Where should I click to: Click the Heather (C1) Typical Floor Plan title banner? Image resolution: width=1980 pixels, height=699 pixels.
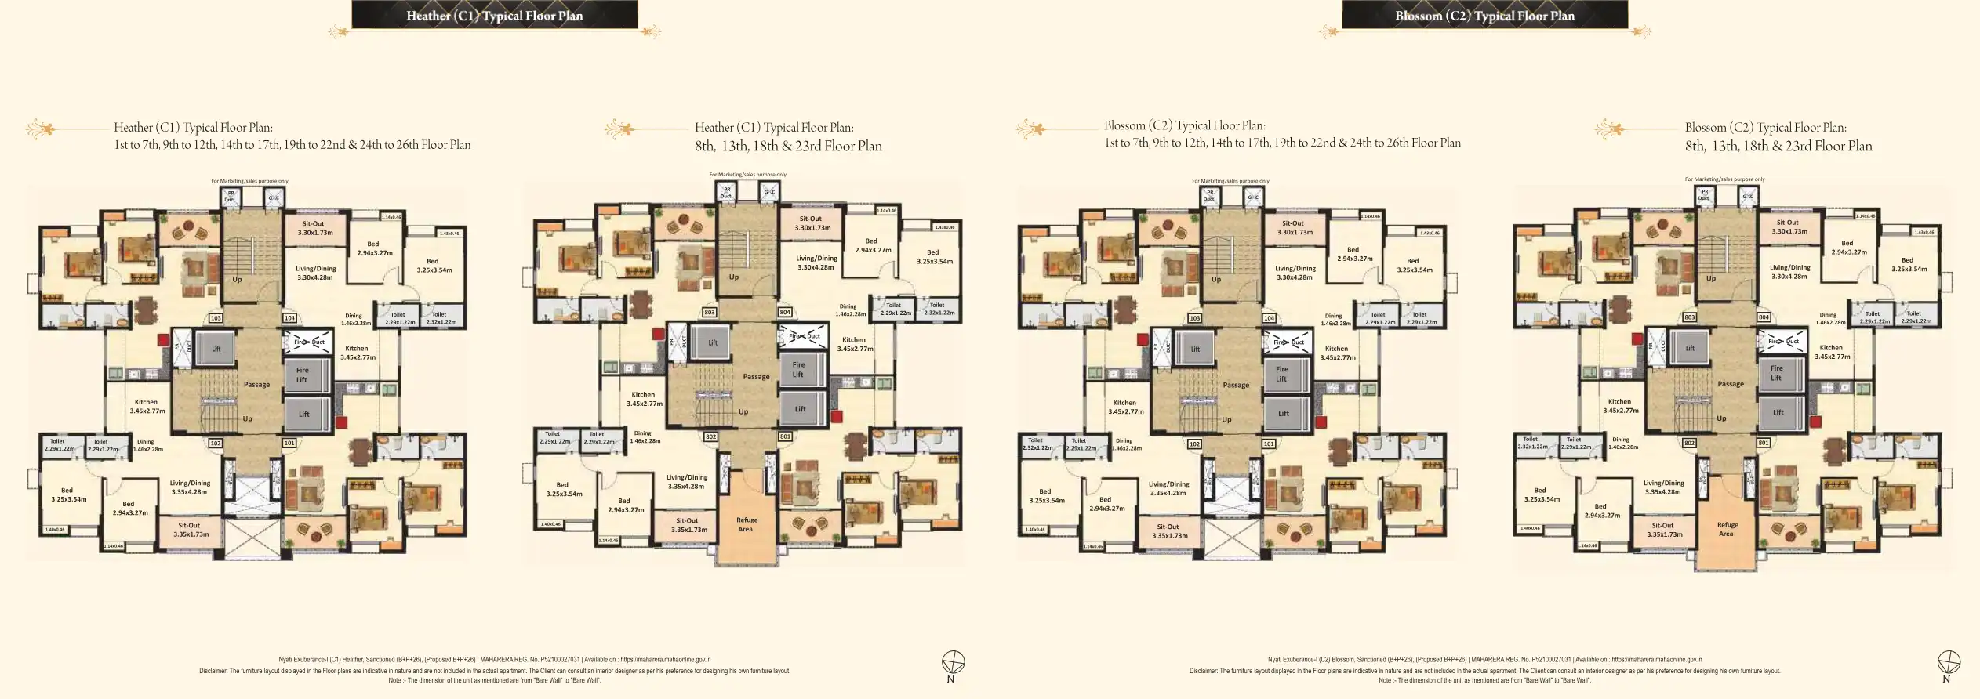[494, 15]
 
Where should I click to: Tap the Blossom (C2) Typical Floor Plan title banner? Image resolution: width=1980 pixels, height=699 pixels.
[1484, 15]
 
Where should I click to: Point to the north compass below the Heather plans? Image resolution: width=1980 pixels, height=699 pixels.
[953, 663]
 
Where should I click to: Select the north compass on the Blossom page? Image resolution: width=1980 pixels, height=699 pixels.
[1949, 663]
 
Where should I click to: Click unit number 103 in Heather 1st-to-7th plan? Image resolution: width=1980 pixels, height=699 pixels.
[216, 318]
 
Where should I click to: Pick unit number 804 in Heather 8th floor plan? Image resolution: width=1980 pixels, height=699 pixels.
[785, 312]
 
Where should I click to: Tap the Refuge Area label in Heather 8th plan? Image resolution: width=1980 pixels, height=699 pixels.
[747, 524]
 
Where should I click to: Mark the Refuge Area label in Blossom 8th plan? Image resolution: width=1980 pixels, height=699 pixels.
[1728, 529]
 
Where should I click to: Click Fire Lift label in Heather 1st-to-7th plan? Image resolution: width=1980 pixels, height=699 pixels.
[302, 375]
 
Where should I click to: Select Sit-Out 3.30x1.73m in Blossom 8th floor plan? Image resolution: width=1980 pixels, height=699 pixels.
[1789, 226]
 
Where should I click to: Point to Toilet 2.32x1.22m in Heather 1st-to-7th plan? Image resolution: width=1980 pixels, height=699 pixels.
[441, 318]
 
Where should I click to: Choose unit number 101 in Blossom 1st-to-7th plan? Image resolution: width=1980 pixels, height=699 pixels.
[1269, 444]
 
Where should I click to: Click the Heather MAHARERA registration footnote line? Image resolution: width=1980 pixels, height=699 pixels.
[494, 660]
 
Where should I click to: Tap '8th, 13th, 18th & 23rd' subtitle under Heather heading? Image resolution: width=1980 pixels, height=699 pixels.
[788, 147]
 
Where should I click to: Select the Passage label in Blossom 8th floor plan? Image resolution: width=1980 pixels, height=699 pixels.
[1731, 384]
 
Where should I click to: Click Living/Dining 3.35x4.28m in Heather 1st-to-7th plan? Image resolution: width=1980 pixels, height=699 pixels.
[190, 487]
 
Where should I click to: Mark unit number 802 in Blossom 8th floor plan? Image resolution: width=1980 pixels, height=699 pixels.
[1690, 443]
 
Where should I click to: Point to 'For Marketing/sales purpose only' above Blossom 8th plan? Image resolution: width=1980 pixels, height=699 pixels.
[1724, 179]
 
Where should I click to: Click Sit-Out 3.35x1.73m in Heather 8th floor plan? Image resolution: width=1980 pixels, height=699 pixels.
[688, 525]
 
